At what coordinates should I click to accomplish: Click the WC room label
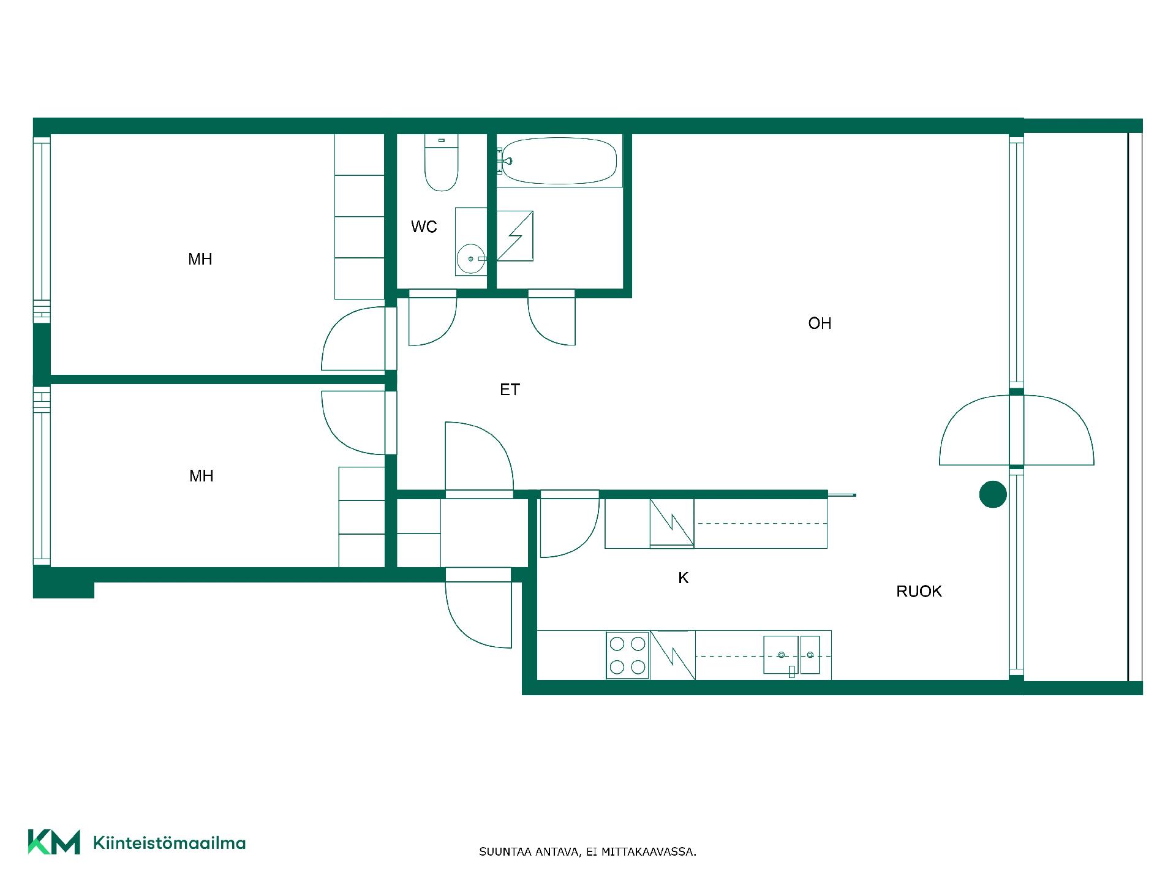424,227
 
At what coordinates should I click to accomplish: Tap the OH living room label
820,323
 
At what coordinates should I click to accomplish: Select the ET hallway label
510,390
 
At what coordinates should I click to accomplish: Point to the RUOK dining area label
919,591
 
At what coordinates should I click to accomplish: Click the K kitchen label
684,578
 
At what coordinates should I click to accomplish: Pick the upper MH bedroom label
200,259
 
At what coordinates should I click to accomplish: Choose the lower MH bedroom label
202,476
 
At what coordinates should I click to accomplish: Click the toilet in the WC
441,162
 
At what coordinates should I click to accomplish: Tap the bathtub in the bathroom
559,160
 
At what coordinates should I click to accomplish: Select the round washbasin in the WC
470,259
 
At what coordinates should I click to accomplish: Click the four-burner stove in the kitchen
628,655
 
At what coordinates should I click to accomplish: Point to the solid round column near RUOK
993,494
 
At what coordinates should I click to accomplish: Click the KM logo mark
54,842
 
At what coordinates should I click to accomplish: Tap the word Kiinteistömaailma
169,843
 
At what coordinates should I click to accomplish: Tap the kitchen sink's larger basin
781,655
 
